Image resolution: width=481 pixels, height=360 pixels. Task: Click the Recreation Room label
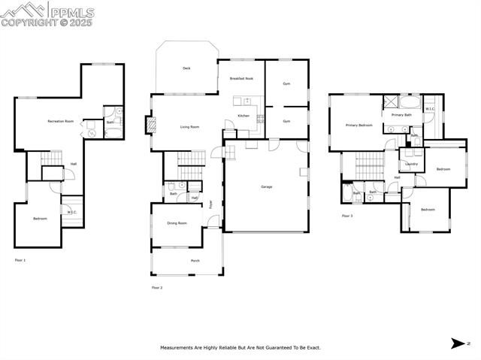tap(60, 121)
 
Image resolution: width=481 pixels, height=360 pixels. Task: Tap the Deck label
tap(186, 68)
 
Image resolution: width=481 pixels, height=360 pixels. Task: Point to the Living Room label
tap(189, 127)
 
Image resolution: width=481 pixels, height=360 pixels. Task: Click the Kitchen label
tap(244, 116)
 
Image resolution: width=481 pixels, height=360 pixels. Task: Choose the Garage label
tap(266, 186)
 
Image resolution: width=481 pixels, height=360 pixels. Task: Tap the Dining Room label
tap(177, 223)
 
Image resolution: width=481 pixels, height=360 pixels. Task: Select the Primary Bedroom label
tap(358, 125)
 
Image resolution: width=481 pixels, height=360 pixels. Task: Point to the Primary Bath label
tap(401, 115)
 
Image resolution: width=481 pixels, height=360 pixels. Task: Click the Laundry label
tap(411, 163)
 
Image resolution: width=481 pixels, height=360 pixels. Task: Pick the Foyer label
tap(211, 203)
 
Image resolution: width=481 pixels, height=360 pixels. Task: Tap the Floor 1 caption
tap(20, 260)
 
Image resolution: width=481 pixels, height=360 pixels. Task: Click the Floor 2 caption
tap(157, 287)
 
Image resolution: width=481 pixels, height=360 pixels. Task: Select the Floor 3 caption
tap(346, 216)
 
